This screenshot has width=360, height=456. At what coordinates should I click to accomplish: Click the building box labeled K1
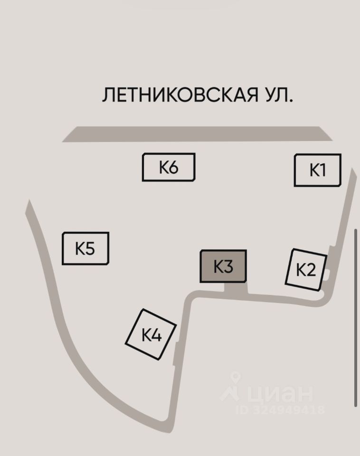tap(317, 170)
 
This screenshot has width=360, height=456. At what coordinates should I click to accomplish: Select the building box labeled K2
tap(306, 270)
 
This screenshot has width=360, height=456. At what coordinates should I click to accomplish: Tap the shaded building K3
tap(223, 266)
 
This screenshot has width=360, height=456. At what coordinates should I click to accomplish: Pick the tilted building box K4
tap(151, 334)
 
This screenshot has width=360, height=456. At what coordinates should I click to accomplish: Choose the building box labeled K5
tap(85, 248)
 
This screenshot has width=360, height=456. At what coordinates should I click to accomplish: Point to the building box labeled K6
tap(169, 167)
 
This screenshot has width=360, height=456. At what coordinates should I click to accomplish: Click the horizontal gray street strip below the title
tap(197, 134)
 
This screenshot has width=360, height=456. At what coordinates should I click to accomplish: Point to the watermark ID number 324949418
tap(288, 409)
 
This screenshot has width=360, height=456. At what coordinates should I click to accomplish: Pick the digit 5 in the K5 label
tap(90, 248)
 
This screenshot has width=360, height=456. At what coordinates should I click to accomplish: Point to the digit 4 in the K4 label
tap(156, 335)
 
